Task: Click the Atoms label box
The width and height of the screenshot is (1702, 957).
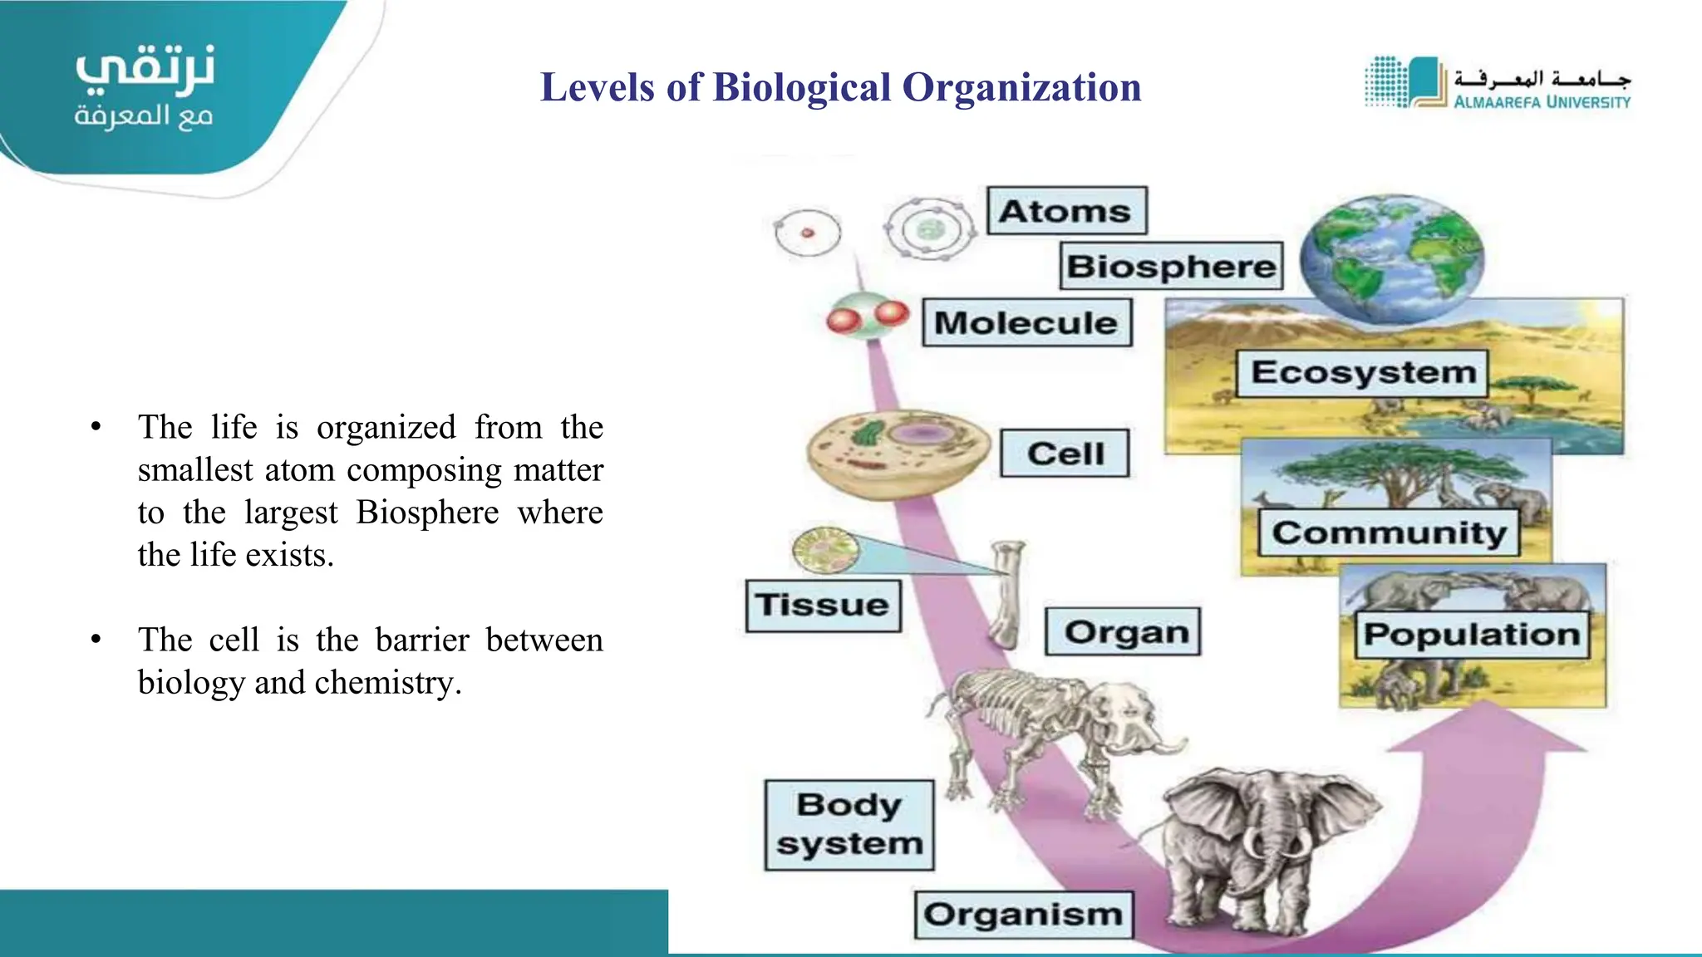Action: pyautogui.click(x=1066, y=211)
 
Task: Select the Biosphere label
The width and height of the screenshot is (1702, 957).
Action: pyautogui.click(x=1171, y=266)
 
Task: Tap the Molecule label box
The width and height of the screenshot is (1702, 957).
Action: pyautogui.click(x=1027, y=322)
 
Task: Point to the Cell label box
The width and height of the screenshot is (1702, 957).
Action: pyautogui.click(x=1065, y=454)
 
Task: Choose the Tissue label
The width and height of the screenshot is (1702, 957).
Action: pyautogui.click(x=823, y=605)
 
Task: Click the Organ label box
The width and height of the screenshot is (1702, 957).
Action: pyautogui.click(x=1123, y=632)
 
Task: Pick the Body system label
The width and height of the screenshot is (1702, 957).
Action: pyautogui.click(x=849, y=825)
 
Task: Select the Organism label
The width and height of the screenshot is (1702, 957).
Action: pyautogui.click(x=1024, y=915)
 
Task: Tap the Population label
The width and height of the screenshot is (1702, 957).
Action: pyautogui.click(x=1472, y=635)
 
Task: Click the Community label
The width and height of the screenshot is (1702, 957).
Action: pyautogui.click(x=1389, y=532)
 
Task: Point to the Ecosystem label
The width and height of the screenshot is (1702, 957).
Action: pyautogui.click(x=1363, y=372)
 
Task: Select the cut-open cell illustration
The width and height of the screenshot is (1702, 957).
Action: pyautogui.click(x=898, y=453)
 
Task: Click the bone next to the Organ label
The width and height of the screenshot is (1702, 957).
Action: pyautogui.click(x=1008, y=593)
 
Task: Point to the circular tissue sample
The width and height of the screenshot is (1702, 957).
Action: pyautogui.click(x=824, y=550)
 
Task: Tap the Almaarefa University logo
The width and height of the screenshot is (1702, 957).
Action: pyautogui.click(x=1497, y=83)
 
